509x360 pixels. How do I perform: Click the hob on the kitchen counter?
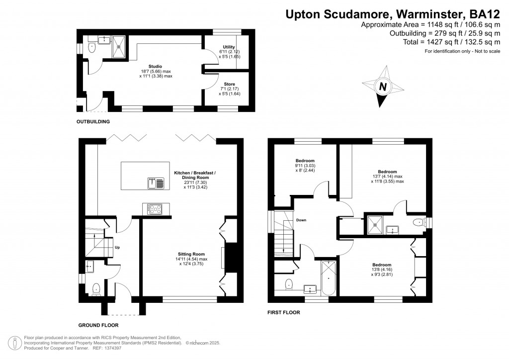154,209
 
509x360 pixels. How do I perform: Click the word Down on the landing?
301,220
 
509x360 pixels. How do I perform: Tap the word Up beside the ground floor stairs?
117,247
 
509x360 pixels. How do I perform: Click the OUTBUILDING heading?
93,121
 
